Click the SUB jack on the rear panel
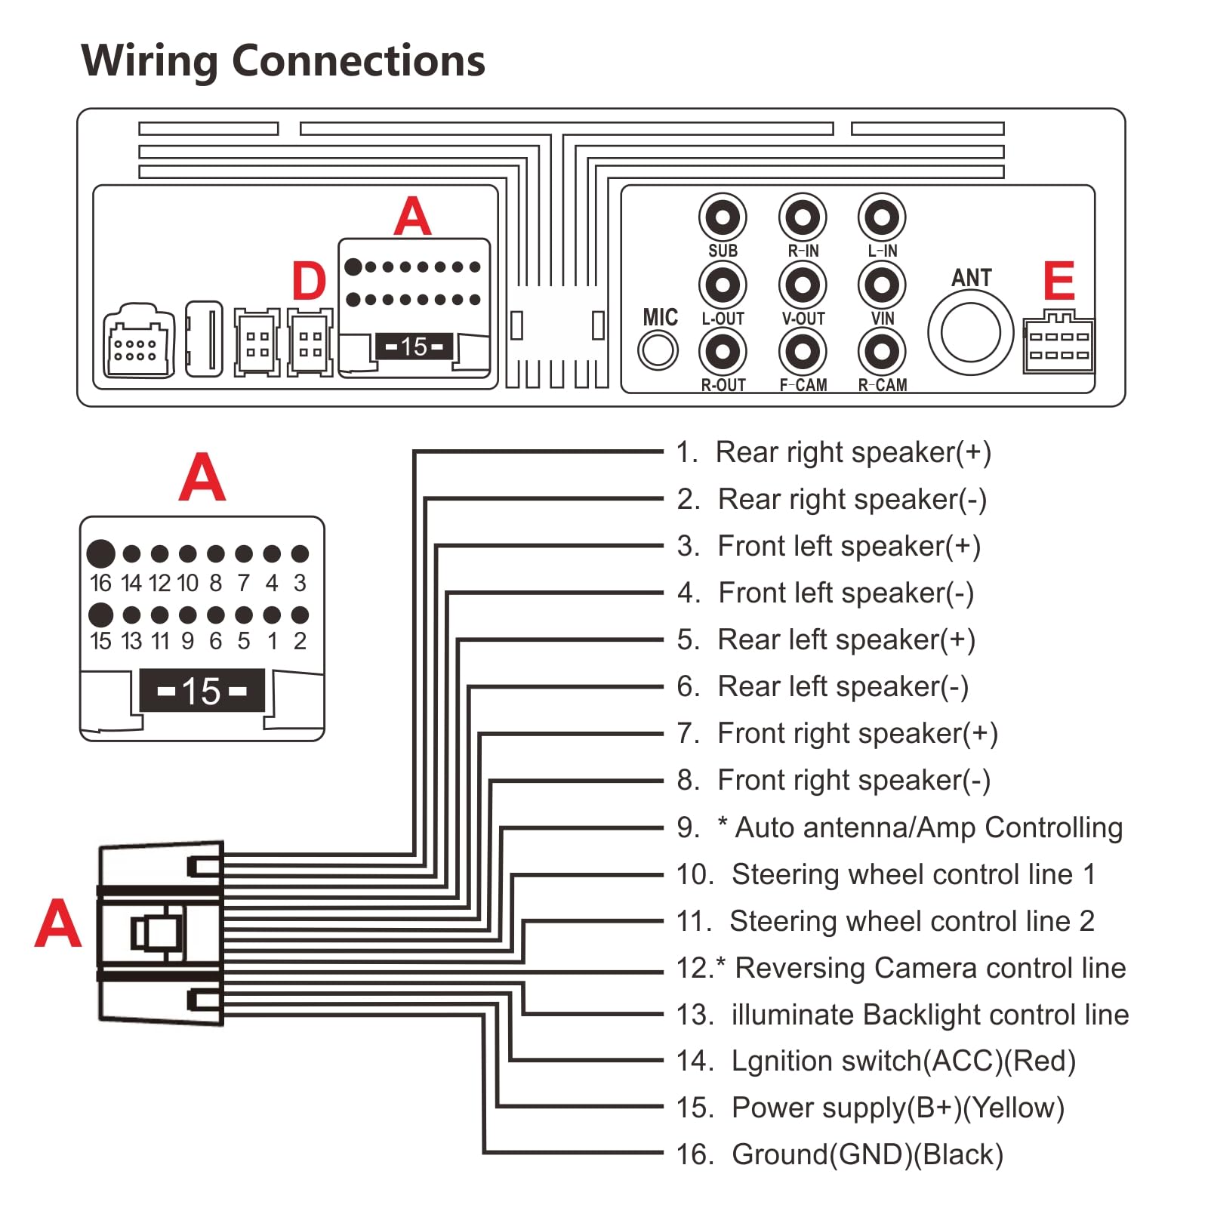tap(723, 218)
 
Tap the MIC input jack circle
tap(658, 350)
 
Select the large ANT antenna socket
tap(970, 333)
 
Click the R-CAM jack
tap(881, 352)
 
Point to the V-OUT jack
tap(803, 285)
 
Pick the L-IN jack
tap(881, 218)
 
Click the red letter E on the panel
tap(1059, 282)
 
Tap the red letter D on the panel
tap(309, 282)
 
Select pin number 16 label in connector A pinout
tap(100, 583)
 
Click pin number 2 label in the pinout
tap(300, 641)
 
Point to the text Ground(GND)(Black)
tap(867, 1154)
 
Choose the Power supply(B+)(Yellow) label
tap(898, 1108)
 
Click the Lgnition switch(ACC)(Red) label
tap(903, 1061)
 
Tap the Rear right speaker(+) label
tap(853, 452)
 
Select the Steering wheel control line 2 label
tap(911, 921)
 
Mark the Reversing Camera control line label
tap(930, 968)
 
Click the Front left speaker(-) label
tap(846, 593)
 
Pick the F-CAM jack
tap(803, 352)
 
